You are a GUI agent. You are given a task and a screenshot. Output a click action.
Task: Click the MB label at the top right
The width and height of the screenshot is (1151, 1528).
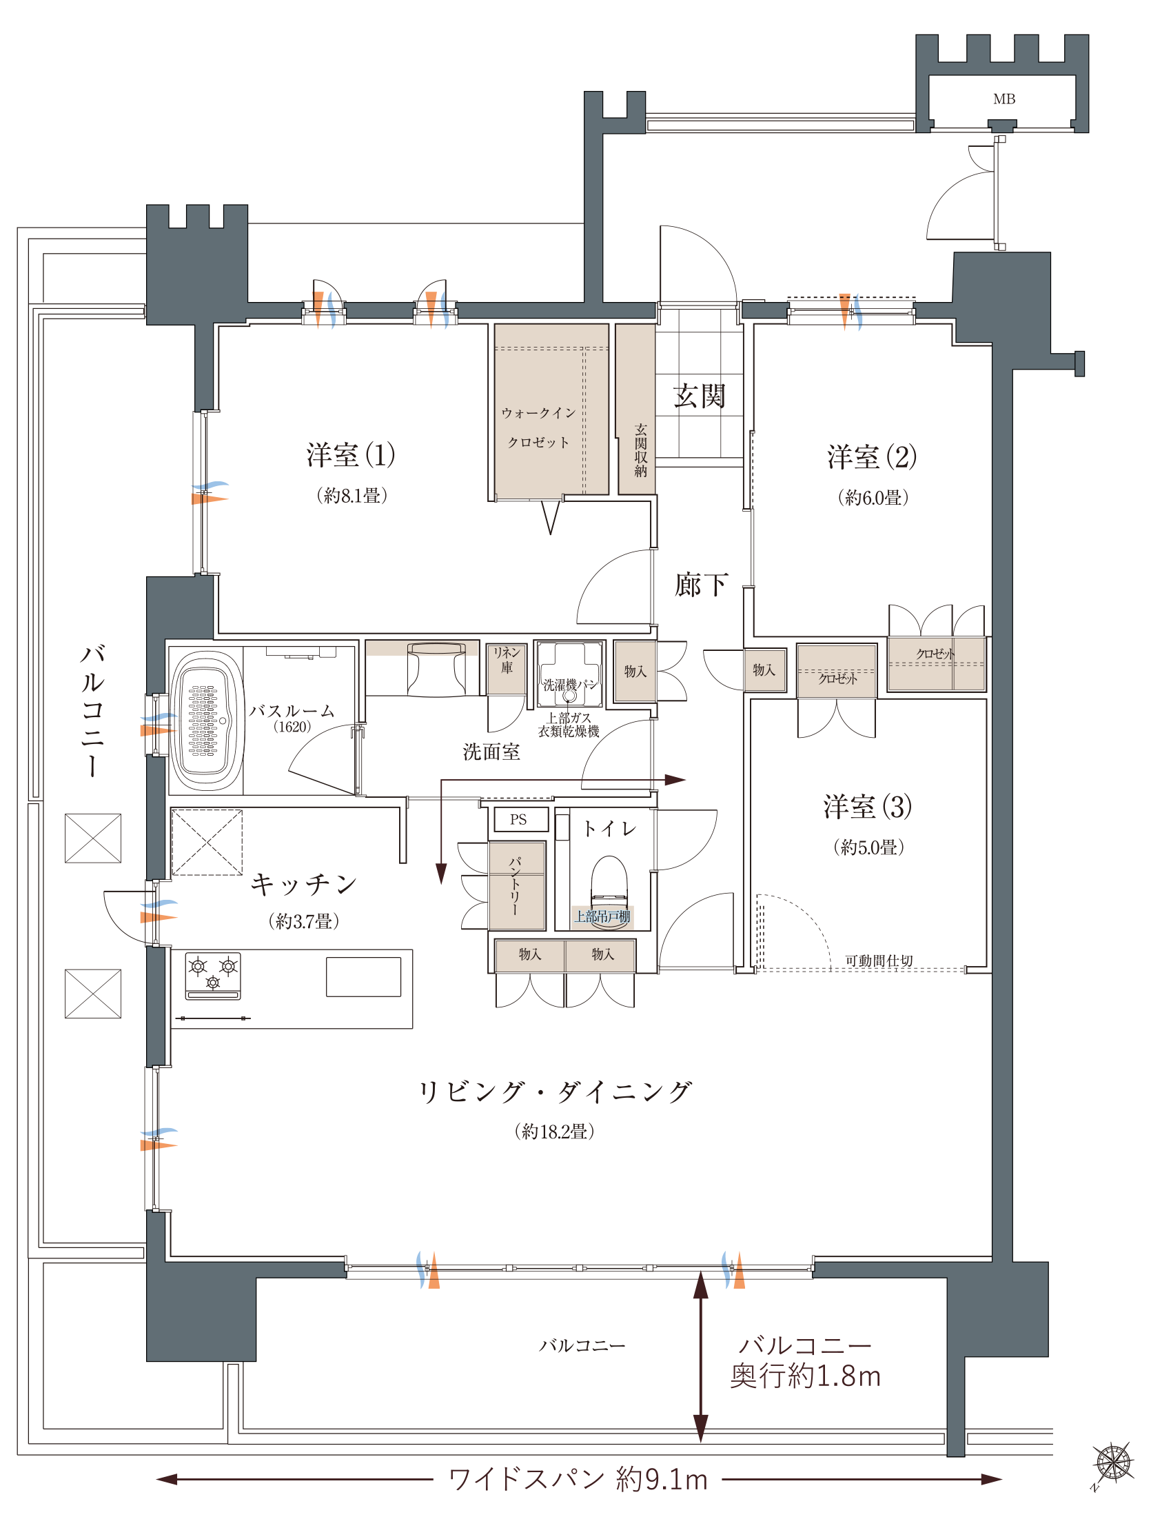pos(1004,99)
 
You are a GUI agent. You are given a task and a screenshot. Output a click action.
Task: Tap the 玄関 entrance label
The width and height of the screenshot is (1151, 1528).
pos(699,396)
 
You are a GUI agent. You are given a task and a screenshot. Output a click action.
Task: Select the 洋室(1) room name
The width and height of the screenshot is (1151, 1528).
pos(351,455)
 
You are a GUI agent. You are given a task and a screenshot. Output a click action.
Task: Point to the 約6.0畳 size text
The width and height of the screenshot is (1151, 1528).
pos(873,497)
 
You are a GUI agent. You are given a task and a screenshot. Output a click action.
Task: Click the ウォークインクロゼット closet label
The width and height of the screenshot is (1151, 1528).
pos(538,428)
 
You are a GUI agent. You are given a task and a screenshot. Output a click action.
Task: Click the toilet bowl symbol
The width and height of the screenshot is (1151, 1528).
pos(609,881)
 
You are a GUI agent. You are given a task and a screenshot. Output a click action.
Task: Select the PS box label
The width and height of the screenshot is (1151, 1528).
pos(518,819)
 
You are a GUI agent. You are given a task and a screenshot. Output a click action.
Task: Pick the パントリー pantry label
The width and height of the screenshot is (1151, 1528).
pos(515,885)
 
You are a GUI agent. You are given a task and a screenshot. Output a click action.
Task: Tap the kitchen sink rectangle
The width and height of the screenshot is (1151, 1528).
pos(363,976)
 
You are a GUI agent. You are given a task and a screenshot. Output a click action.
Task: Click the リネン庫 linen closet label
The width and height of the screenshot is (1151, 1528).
pos(507,660)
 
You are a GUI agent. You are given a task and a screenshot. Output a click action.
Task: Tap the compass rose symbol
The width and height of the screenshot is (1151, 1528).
pos(1113,1463)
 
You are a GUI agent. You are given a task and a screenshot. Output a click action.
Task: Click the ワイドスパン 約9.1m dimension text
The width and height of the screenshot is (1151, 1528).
pos(578,1479)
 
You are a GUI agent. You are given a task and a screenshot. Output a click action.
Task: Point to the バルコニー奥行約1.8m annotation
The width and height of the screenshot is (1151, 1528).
pos(805,1362)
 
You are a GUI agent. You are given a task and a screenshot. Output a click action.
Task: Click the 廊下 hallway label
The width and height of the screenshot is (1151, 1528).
pos(701,585)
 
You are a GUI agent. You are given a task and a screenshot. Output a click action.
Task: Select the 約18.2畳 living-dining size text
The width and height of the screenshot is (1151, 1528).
pos(554,1132)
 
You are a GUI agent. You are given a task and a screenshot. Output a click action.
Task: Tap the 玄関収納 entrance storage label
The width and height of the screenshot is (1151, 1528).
pos(641,450)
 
